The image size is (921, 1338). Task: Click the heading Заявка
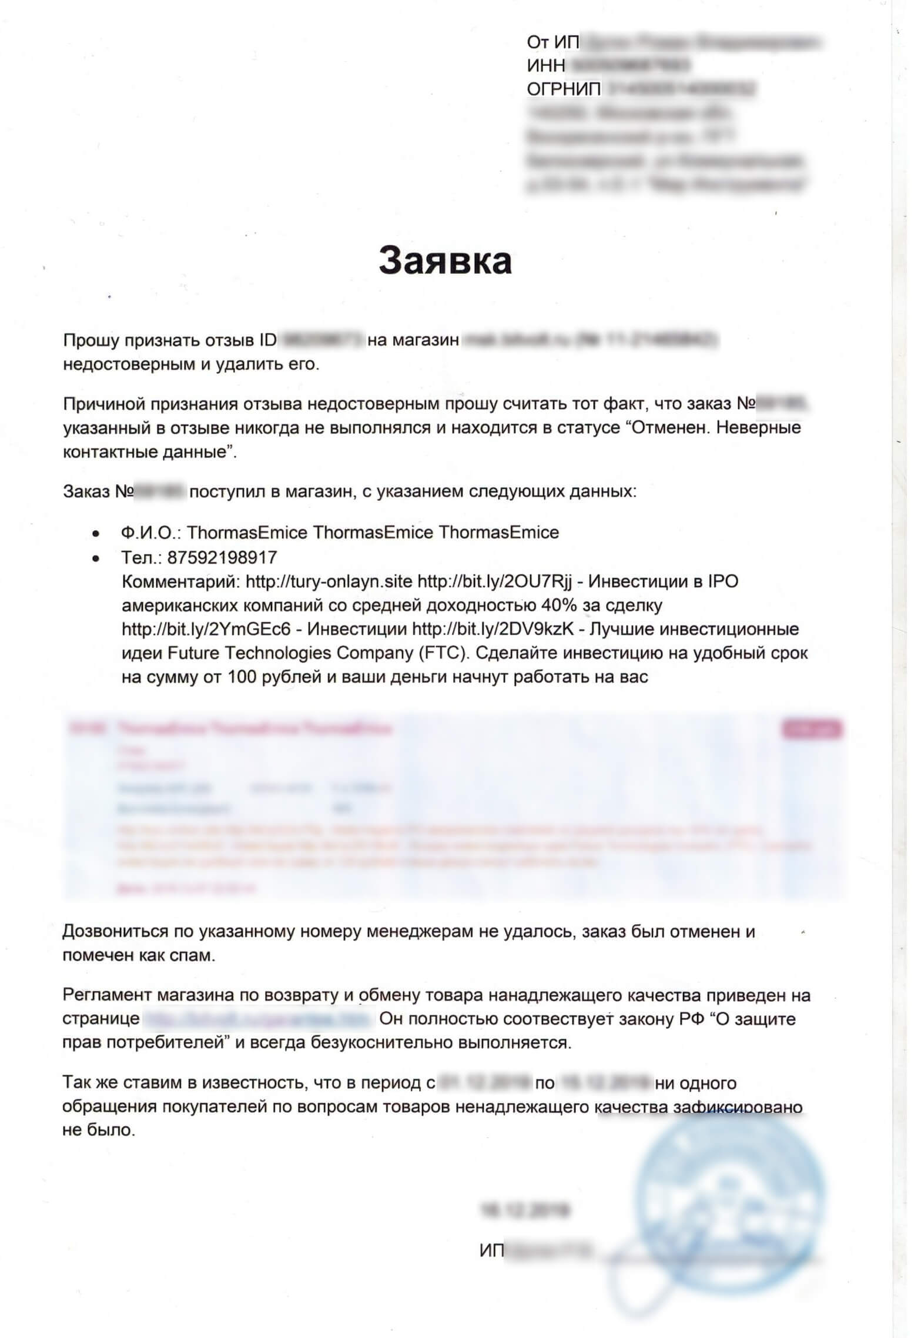445,261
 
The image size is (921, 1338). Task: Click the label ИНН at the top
546,65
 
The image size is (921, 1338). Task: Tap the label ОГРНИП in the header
564,89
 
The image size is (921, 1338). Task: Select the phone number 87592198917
222,557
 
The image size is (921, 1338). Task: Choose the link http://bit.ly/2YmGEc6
206,629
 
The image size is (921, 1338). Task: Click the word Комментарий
180,581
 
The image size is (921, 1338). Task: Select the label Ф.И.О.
152,533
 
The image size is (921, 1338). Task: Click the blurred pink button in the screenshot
812,730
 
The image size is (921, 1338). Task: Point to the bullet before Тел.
96,557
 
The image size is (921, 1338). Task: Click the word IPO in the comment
722,581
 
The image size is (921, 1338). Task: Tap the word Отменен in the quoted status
662,427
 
